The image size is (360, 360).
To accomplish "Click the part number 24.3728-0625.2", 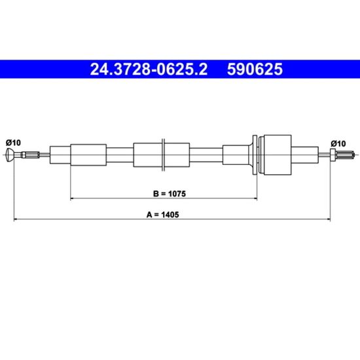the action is [149, 69].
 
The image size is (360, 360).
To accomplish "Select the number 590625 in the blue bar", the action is [255, 69].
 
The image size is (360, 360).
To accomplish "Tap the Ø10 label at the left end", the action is [13, 143].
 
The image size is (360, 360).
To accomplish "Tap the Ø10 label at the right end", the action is [338, 144].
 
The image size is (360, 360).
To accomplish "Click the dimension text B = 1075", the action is [170, 194].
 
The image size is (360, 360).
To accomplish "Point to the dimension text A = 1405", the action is [162, 215].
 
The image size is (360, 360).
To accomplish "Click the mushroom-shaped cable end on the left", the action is [10, 155].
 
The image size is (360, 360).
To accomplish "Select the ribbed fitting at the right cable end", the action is [346, 154].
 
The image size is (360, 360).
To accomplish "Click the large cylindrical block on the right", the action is [278, 154].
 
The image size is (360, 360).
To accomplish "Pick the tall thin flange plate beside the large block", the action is [255, 154].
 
